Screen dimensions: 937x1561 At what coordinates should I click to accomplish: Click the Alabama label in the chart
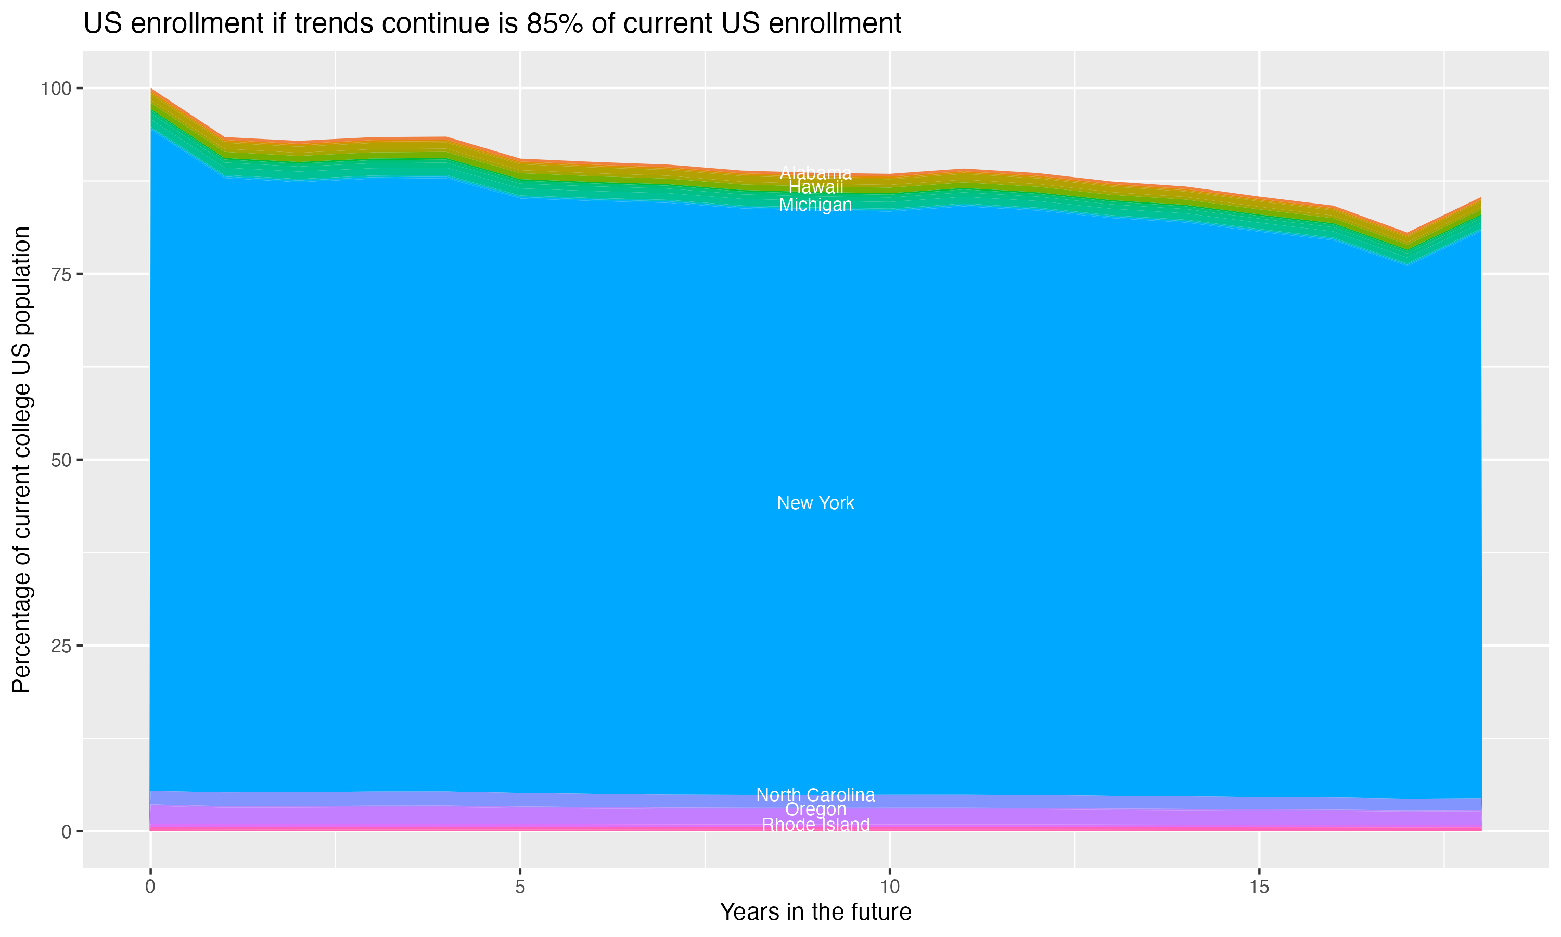point(815,172)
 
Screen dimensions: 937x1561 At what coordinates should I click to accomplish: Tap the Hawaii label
point(815,187)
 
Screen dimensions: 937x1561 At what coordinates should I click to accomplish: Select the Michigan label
point(815,205)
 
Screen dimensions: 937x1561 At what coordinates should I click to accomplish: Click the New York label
point(815,503)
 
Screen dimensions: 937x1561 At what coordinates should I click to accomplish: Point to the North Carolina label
point(815,795)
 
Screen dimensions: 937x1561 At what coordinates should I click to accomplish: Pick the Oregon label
point(815,809)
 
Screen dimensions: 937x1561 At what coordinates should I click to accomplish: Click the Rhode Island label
point(815,825)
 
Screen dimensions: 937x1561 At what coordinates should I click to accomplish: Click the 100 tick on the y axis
point(56,88)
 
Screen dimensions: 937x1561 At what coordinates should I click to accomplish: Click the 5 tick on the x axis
point(520,887)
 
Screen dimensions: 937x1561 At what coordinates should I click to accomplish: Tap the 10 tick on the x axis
point(889,887)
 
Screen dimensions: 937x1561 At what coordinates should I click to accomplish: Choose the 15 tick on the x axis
point(1259,887)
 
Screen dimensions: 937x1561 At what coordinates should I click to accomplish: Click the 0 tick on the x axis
point(150,887)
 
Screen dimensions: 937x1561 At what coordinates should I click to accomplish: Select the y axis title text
point(21,460)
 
